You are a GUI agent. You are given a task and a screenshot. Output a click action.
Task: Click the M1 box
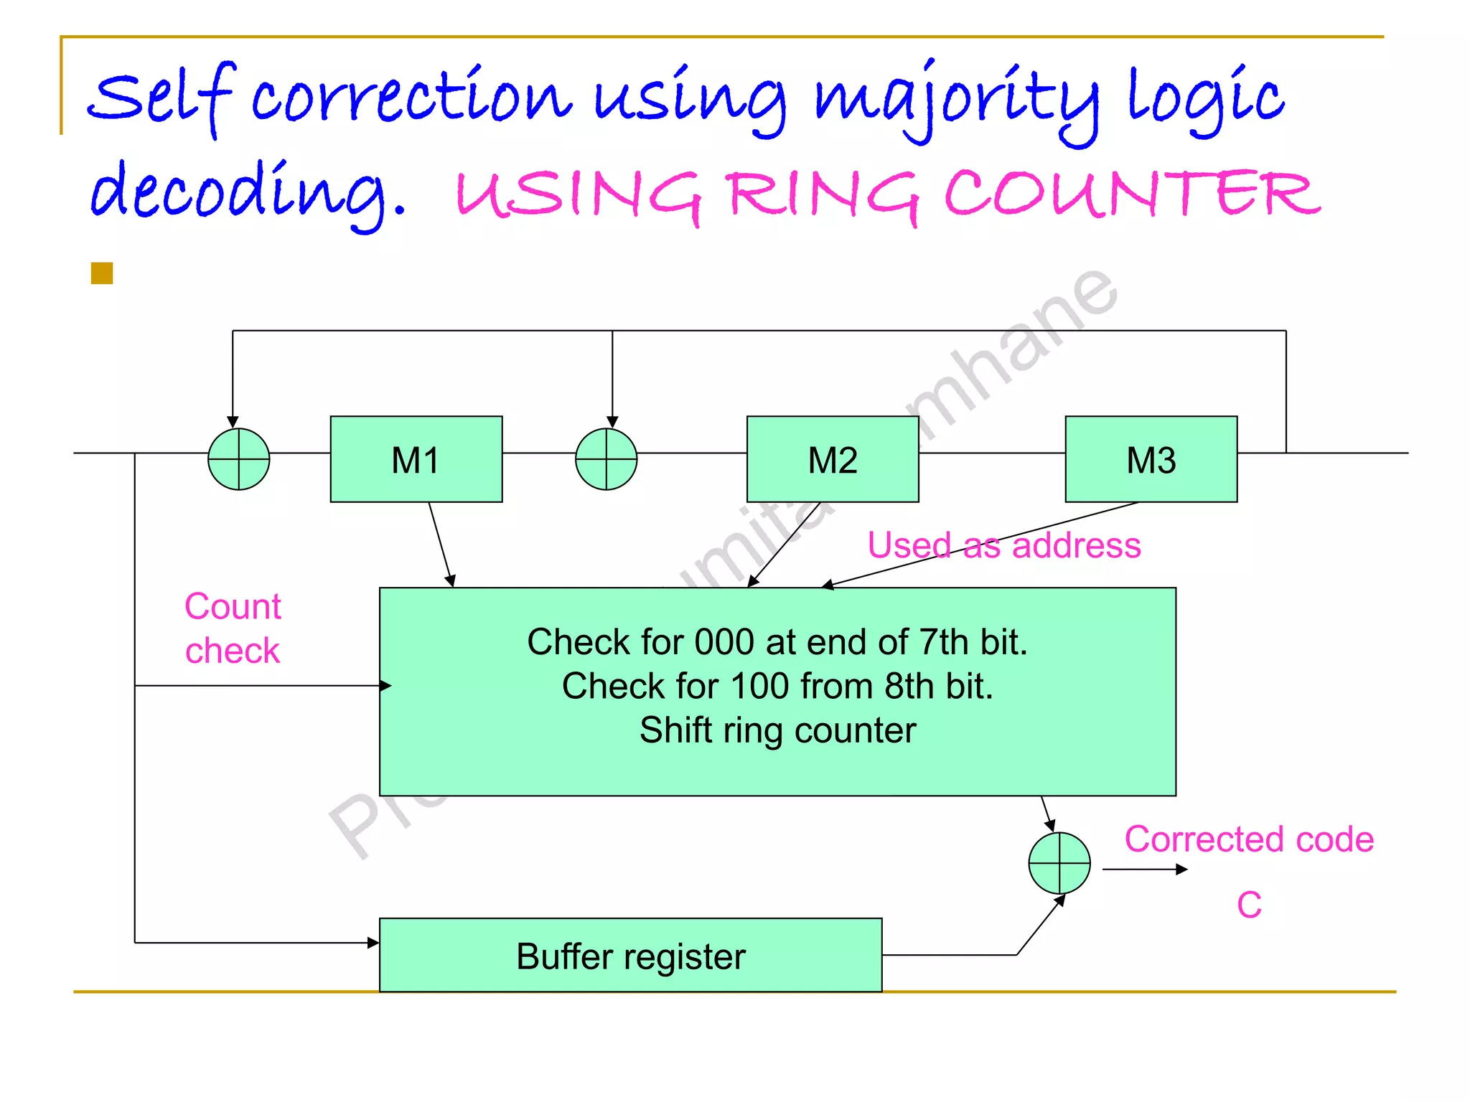coord(416,459)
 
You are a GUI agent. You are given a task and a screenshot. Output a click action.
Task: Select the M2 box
coord(833,459)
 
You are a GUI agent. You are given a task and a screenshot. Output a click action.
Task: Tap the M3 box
coord(1151,459)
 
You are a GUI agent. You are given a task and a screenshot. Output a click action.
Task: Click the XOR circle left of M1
coord(238,459)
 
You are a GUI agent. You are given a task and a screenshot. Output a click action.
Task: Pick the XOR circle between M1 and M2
coord(606,459)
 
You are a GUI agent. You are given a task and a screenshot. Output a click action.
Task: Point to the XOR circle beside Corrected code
coord(1059,862)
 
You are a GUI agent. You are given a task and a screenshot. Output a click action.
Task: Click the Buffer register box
coord(630,956)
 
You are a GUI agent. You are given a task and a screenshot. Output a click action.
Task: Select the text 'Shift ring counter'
coord(777,730)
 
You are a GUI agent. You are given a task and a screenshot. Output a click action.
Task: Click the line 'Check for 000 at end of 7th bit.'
coord(777,641)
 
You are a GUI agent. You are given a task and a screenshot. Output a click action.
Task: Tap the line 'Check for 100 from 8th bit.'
coord(777,686)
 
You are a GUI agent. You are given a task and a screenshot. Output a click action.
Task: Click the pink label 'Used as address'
coord(1003,545)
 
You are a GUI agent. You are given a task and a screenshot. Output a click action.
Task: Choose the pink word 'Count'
coord(233,606)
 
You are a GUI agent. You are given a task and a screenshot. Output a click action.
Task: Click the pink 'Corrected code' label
coord(1248,839)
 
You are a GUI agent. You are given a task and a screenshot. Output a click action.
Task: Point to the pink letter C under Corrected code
coord(1249,905)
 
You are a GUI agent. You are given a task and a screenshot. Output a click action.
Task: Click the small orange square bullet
coord(102,273)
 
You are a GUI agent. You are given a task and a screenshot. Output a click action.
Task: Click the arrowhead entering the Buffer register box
coord(373,943)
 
